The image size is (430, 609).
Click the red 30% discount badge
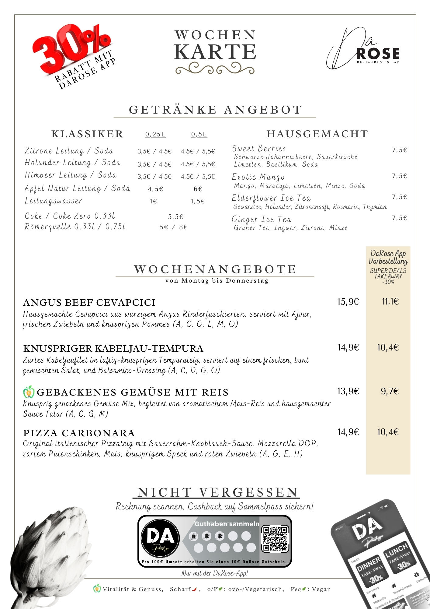[x=71, y=52]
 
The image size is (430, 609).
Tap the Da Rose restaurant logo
[x=363, y=50]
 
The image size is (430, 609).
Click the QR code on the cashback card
[x=275, y=539]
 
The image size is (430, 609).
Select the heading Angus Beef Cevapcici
[x=89, y=302]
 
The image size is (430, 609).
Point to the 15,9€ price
[x=348, y=302]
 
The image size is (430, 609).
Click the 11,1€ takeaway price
[x=390, y=302]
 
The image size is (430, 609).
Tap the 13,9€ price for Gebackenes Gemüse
[x=348, y=391]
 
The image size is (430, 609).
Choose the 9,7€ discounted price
[x=390, y=391]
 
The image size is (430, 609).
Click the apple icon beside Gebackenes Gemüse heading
[x=29, y=392]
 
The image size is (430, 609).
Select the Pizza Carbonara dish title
[x=79, y=433]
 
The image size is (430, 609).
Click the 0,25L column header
[x=155, y=134]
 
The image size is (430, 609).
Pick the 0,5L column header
[x=199, y=134]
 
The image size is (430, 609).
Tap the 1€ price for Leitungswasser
[x=153, y=201]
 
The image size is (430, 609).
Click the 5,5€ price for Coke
[x=175, y=217]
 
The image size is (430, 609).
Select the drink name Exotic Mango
[x=258, y=177]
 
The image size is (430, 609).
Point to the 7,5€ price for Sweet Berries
[x=399, y=150]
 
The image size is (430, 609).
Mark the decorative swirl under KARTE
[x=215, y=69]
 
